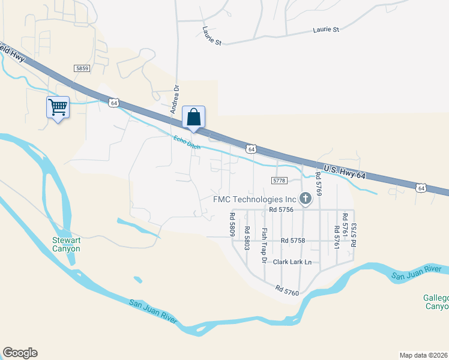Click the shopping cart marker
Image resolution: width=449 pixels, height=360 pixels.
[x=58, y=108]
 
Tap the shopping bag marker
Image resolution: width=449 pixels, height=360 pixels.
[x=193, y=117]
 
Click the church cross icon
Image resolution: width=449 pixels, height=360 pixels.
[x=306, y=198]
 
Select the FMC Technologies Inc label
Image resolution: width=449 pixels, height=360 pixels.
[x=255, y=199]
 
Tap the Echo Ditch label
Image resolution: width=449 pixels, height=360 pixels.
[x=187, y=143]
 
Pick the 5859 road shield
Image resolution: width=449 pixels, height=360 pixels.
[x=82, y=69]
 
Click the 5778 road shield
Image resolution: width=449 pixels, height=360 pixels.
[x=280, y=180]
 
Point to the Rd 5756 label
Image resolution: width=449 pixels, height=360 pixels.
[x=280, y=209]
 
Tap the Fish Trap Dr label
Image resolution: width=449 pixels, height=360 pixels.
[x=263, y=245]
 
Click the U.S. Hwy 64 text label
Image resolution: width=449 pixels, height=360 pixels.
[x=344, y=171]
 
